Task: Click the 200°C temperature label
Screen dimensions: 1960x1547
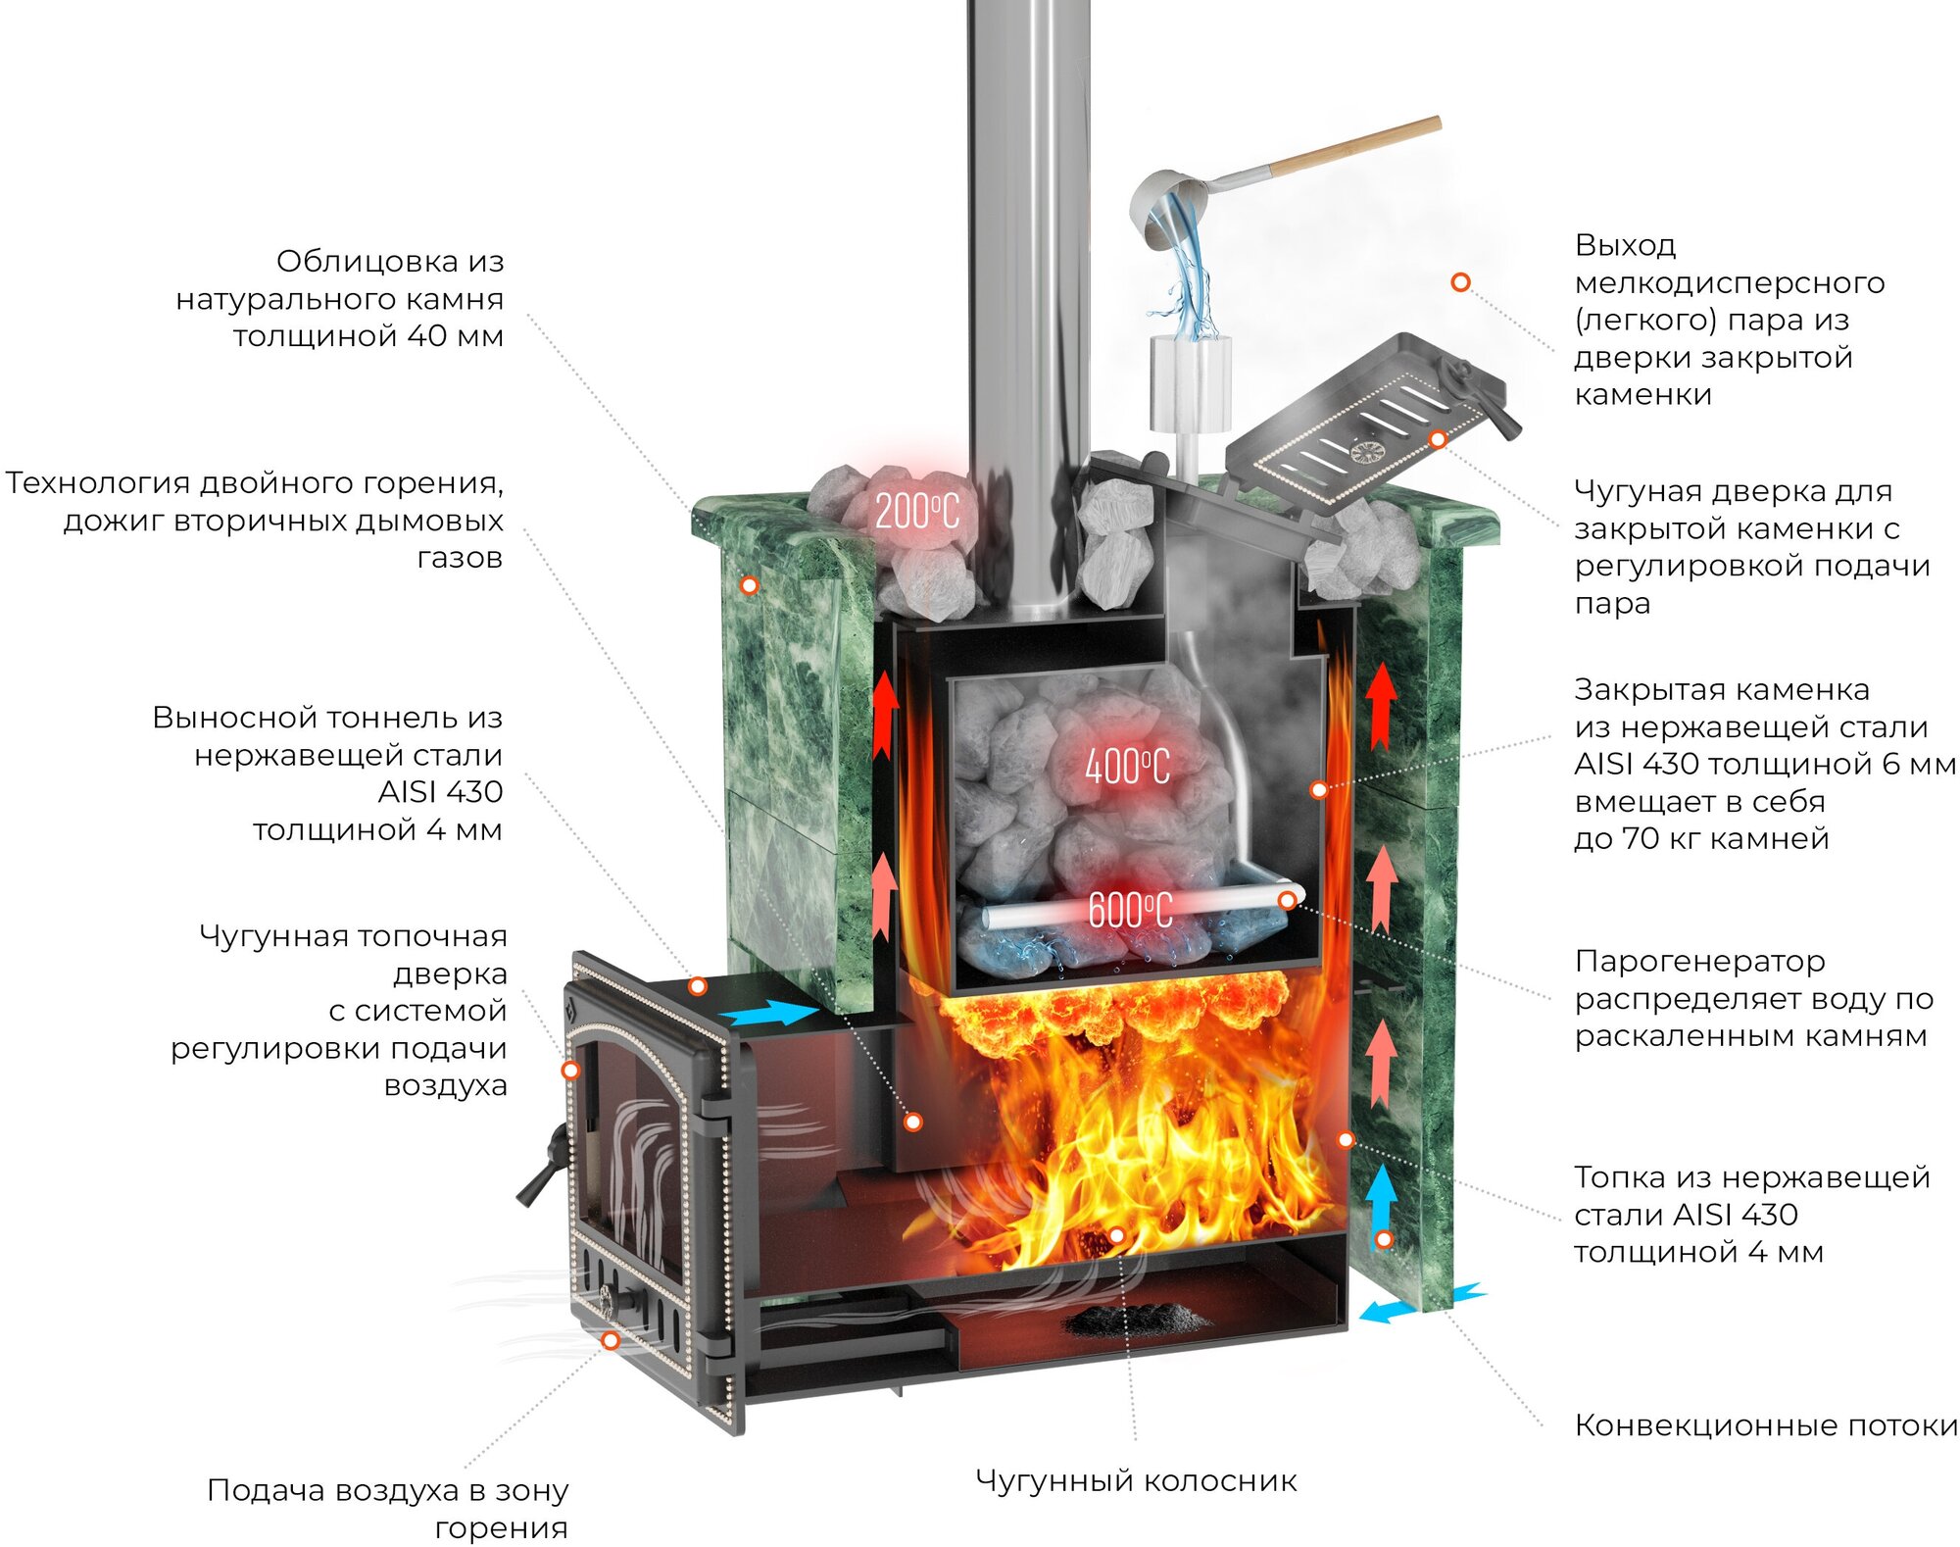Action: pos(916,512)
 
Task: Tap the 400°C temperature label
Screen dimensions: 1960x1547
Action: pos(1127,767)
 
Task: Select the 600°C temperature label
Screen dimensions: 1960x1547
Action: pos(1130,911)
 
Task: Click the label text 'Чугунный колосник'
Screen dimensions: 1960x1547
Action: pos(1136,1480)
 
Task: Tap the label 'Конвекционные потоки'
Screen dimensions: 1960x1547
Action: pos(1765,1425)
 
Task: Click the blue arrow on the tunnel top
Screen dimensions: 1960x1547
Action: pos(770,1014)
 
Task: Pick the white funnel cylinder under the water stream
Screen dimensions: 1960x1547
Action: pos(1190,382)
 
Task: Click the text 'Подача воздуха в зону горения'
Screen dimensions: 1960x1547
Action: pos(388,1508)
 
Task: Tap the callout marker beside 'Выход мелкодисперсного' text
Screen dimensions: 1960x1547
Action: pos(1460,282)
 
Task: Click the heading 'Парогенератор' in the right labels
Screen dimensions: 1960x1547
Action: pos(1699,961)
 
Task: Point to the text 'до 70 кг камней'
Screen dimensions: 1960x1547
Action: pos(1701,839)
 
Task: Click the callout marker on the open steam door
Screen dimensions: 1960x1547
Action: pos(1438,439)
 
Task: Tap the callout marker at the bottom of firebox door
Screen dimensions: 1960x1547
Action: pos(611,1340)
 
